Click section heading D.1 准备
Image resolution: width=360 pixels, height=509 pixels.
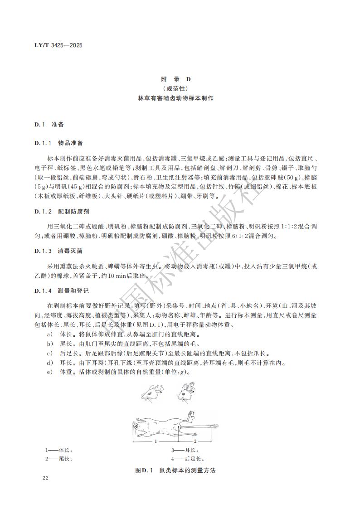coord(49,124)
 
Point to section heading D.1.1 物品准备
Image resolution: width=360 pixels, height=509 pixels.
coord(58,143)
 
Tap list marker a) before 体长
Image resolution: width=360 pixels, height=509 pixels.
coord(49,334)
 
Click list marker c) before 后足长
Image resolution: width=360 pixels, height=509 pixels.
coord(49,353)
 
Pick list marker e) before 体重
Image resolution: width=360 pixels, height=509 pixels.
coord(49,372)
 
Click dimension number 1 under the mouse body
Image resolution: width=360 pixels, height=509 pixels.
coord(155,441)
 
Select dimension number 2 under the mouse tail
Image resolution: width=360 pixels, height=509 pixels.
coord(195,441)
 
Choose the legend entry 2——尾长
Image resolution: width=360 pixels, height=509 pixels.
coord(58,459)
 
